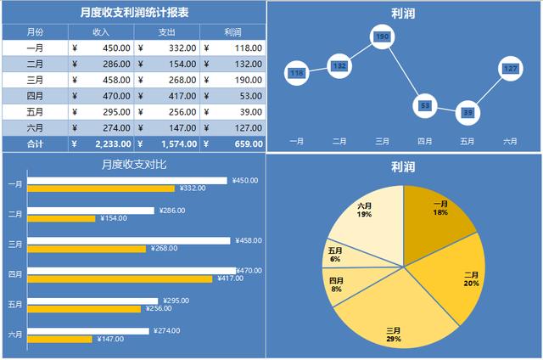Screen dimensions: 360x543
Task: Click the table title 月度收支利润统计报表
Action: (x=134, y=13)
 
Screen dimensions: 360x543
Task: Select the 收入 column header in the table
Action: (x=101, y=32)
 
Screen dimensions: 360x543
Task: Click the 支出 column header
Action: (x=167, y=32)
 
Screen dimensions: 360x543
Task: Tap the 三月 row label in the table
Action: (x=36, y=80)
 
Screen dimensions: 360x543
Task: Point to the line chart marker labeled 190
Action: (x=382, y=37)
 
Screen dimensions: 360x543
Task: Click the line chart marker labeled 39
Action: (x=467, y=112)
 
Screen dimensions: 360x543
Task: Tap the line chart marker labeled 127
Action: (x=510, y=68)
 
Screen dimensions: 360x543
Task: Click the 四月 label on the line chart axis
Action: (x=424, y=142)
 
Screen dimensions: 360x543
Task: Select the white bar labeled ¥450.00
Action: (x=127, y=180)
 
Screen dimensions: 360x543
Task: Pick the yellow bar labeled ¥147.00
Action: (x=59, y=339)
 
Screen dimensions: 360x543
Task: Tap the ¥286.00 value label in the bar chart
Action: (x=171, y=210)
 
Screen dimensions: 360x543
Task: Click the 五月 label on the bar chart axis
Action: (x=15, y=304)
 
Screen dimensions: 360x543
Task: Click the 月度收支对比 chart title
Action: (x=134, y=165)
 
